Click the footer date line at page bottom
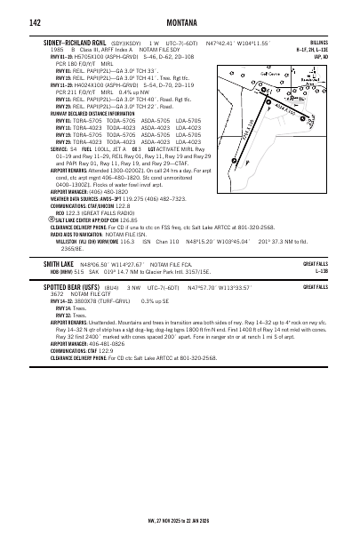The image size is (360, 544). pyautogui.click(x=180, y=521)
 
